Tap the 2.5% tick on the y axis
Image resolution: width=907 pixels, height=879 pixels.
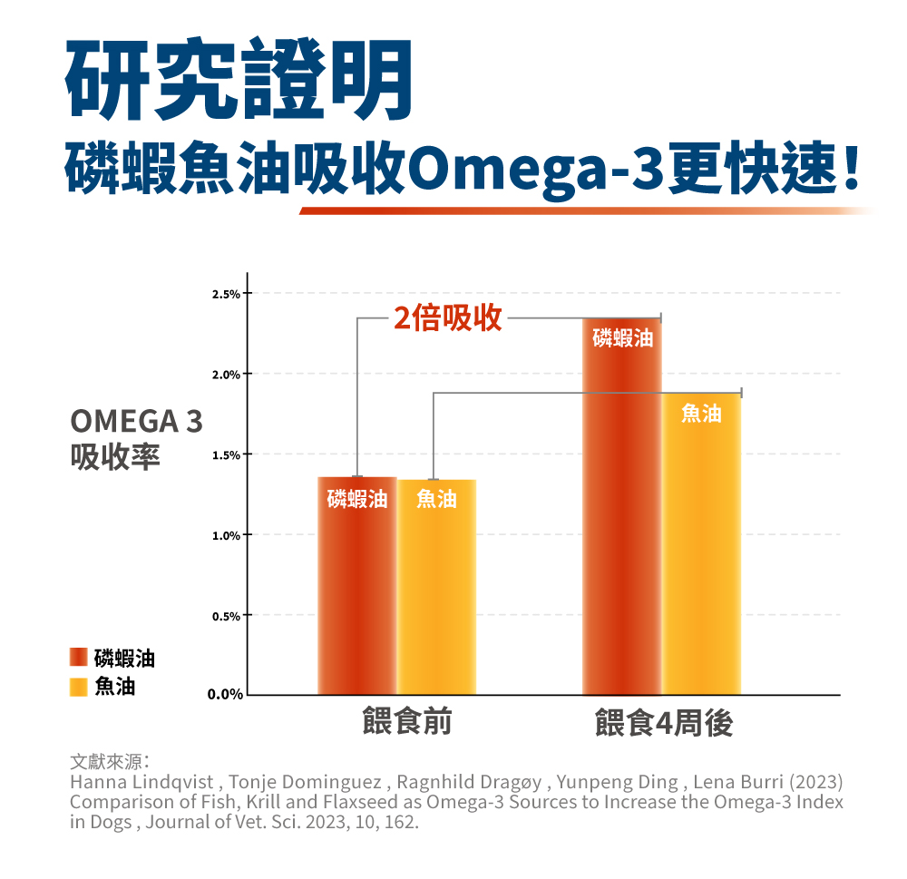(225, 294)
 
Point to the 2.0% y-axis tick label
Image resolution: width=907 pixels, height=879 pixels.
(225, 375)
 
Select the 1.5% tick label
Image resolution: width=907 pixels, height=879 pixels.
(225, 454)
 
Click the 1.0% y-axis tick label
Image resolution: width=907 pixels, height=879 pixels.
(225, 535)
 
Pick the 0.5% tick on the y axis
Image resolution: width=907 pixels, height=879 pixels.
(225, 616)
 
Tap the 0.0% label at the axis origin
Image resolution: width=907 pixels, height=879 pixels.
(224, 696)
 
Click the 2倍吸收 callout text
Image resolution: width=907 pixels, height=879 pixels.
(448, 318)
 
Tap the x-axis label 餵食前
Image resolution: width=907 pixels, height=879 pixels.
(406, 722)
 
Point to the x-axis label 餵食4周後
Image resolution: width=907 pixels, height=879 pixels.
(664, 724)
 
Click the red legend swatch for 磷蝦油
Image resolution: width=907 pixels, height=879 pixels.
(79, 658)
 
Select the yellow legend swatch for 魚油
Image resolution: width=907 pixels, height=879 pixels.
(79, 686)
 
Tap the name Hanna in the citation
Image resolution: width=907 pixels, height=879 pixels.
(93, 782)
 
